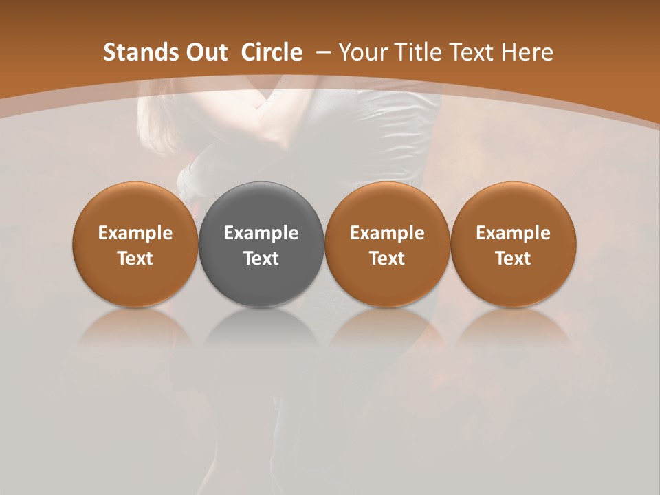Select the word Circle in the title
coord(272,52)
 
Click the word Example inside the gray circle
coord(261,233)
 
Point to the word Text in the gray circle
coord(261,258)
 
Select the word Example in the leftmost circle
coord(135,233)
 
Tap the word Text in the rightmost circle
coord(513,258)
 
